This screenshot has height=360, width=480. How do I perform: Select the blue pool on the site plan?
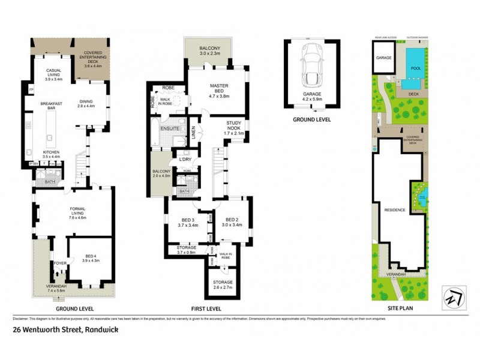[413, 63]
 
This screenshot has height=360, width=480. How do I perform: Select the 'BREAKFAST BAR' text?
[52, 106]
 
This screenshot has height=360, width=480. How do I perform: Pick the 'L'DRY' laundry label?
[184, 159]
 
